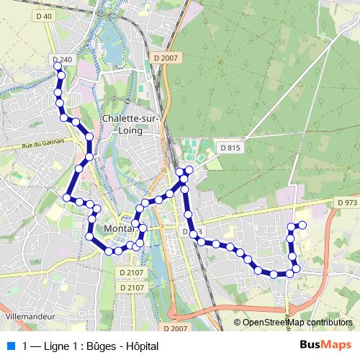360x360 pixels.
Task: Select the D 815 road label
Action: click(228, 148)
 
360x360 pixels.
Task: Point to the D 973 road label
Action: click(346, 204)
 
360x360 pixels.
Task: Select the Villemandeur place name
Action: click(30, 316)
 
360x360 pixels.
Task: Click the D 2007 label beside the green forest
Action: click(164, 56)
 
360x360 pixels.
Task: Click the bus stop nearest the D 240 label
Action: click(58, 66)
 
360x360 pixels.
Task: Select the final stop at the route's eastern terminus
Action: click(303, 225)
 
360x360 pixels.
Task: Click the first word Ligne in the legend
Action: click(57, 346)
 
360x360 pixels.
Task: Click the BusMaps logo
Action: click(325, 346)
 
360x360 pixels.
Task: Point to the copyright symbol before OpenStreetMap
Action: click(238, 323)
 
